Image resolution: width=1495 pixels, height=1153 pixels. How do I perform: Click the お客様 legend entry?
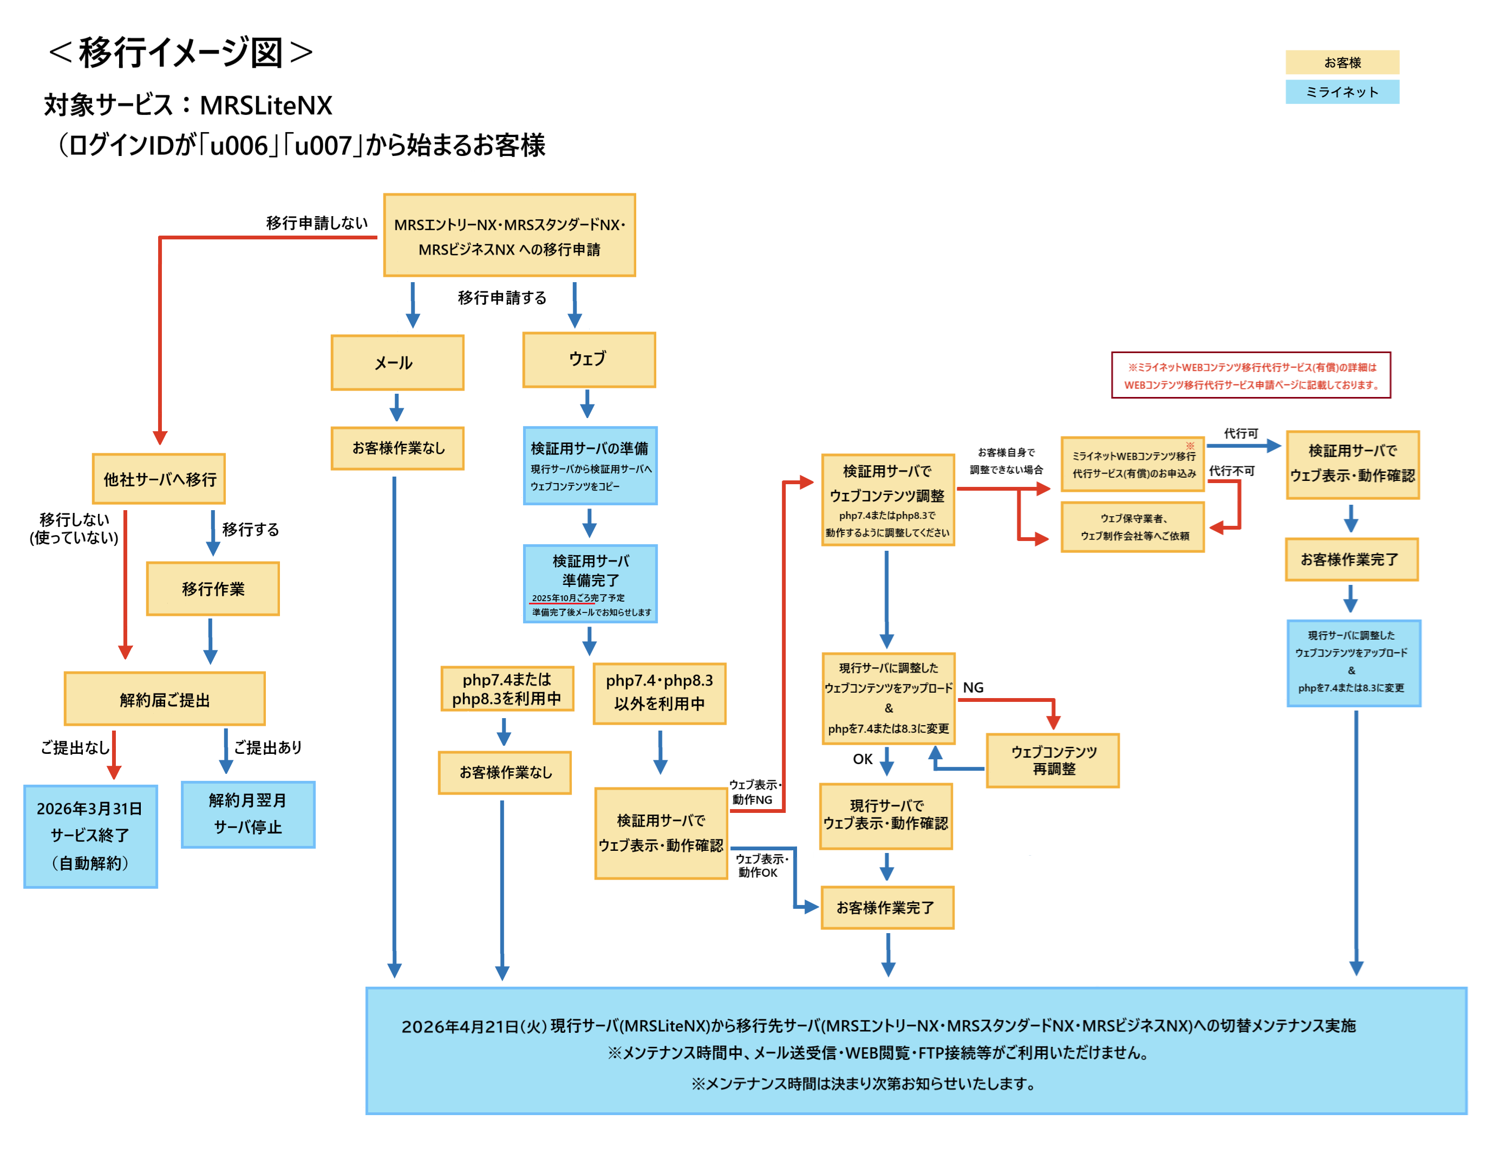click(x=1342, y=62)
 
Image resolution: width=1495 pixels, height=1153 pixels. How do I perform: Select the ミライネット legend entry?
click(x=1342, y=92)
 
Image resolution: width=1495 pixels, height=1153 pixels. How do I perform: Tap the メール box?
click(x=397, y=363)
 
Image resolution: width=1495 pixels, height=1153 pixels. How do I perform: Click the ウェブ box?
click(x=589, y=360)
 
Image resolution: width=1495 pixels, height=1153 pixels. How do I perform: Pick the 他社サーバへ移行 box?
click(x=159, y=479)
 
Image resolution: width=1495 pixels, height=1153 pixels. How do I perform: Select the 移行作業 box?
click(x=213, y=589)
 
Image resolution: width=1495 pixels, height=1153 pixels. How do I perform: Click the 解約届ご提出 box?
click(x=164, y=699)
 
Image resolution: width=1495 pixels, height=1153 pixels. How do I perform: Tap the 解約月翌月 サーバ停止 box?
click(x=248, y=814)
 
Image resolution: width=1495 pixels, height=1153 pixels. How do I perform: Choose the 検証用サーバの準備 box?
click(x=590, y=466)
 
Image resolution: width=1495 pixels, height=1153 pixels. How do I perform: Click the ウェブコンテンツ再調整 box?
click(x=1053, y=760)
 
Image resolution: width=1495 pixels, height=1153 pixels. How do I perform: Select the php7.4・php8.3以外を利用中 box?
click(x=659, y=693)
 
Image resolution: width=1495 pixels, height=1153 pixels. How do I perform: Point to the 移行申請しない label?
click(x=316, y=223)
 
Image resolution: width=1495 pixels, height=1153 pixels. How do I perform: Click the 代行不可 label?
click(x=1231, y=471)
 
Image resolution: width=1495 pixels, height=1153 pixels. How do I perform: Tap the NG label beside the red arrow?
click(x=972, y=687)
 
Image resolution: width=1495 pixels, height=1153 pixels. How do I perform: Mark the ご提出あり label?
click(x=267, y=747)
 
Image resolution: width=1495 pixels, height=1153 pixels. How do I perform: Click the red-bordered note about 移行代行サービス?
click(x=1251, y=375)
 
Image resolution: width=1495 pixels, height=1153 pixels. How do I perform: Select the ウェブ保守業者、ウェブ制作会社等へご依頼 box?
click(x=1132, y=526)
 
